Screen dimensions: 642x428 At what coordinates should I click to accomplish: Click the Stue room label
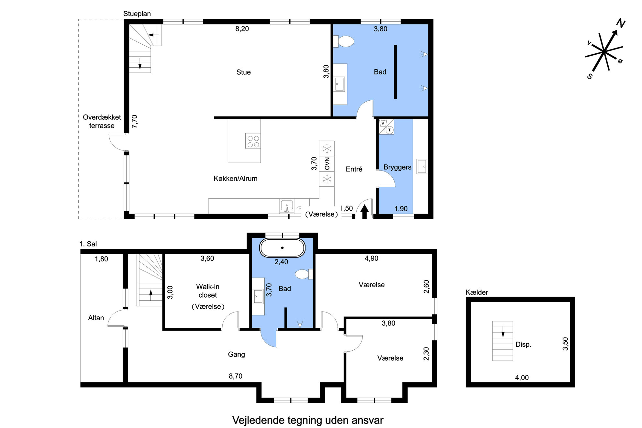coord(243,72)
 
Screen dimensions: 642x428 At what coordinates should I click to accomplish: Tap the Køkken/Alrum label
coord(235,179)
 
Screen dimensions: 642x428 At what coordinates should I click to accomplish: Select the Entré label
coord(354,169)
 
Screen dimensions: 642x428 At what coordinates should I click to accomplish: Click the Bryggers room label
coord(397,167)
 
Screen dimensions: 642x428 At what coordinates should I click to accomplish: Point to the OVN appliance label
coord(327,164)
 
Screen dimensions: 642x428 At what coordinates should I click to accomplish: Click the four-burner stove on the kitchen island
coord(253,141)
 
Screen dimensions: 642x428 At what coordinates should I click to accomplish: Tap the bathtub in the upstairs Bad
coord(282,248)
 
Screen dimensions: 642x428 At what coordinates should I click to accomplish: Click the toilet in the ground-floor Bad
coord(344,41)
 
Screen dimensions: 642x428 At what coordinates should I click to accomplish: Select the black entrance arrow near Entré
coord(364,212)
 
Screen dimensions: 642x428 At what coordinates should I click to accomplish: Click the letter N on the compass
coord(621,23)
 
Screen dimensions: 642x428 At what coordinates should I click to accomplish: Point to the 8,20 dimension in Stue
coord(242,29)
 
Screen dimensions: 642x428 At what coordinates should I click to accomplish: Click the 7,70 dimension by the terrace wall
coord(135,121)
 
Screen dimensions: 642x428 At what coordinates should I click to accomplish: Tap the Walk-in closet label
coord(208,291)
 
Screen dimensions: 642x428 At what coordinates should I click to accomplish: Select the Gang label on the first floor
coord(236,354)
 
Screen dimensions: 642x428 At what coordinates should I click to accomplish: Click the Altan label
coord(96,318)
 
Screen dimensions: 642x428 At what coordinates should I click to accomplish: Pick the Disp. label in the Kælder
coord(523,345)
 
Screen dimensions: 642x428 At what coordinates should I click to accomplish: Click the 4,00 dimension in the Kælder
coord(522,378)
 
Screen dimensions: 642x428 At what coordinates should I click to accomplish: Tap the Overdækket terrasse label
coord(102,121)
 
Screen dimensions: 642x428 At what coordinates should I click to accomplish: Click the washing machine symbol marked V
coord(383,123)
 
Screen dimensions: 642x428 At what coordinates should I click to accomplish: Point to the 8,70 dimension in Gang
coord(235,376)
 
